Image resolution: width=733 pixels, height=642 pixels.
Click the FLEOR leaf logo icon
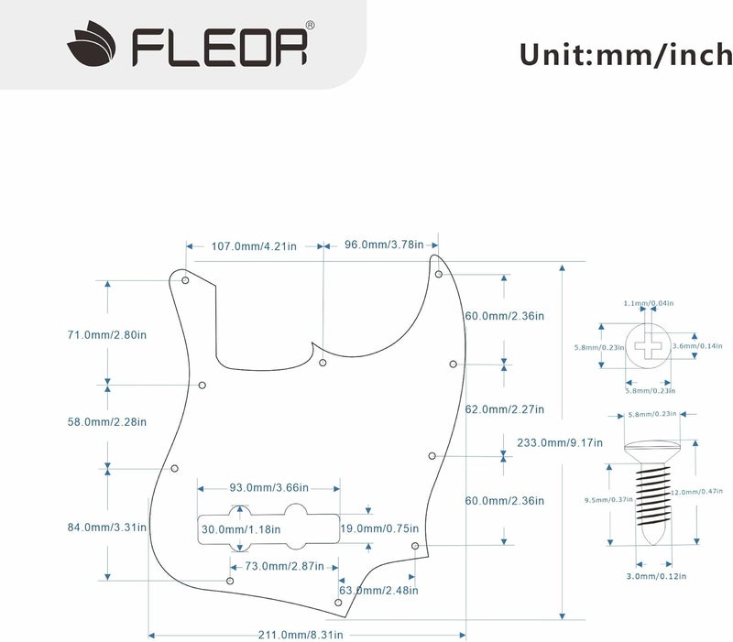tap(93, 44)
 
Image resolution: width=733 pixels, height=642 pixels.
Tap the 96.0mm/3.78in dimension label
tap(383, 245)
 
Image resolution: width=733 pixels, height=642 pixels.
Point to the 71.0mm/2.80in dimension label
tap(107, 335)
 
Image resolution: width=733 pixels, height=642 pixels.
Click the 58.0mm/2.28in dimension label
tap(107, 422)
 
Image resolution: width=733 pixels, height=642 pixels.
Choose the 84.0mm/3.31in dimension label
tap(107, 528)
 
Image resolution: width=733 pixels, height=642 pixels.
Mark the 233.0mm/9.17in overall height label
tap(560, 442)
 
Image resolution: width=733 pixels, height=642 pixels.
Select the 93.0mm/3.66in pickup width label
tap(268, 487)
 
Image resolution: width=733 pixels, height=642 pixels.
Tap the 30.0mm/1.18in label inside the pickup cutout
tap(241, 529)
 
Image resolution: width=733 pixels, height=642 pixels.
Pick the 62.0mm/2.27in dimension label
tap(505, 409)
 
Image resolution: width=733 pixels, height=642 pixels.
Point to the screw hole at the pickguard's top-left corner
tap(185, 279)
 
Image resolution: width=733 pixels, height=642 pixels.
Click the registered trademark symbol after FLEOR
tap(310, 27)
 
